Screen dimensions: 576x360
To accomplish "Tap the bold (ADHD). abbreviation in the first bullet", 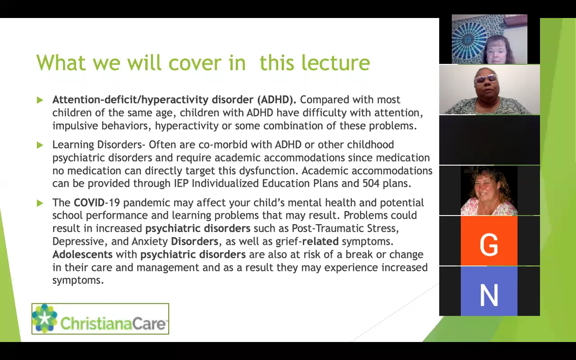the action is point(277,99).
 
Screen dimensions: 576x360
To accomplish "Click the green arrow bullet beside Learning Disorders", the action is point(40,145).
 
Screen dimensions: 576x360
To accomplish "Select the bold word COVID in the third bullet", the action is point(89,202).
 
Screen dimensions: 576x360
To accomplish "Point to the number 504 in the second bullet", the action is point(371,183).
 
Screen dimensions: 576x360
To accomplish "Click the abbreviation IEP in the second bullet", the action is point(181,183).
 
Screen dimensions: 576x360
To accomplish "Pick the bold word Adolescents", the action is point(82,254).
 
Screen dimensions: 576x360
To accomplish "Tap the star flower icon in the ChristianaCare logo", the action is point(45,318).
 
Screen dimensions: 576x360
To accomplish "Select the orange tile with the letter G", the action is point(489,241).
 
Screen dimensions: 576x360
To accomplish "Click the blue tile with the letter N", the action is point(489,291).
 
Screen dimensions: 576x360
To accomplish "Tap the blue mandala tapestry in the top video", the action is point(469,39).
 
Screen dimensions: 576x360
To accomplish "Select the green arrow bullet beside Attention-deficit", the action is point(40,100).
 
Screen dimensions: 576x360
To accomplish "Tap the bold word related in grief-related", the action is point(320,242).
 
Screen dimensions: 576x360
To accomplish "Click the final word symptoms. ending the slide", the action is point(78,280).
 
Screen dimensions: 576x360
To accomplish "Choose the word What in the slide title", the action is point(61,63).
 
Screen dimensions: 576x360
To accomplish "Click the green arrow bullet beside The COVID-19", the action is point(40,203).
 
